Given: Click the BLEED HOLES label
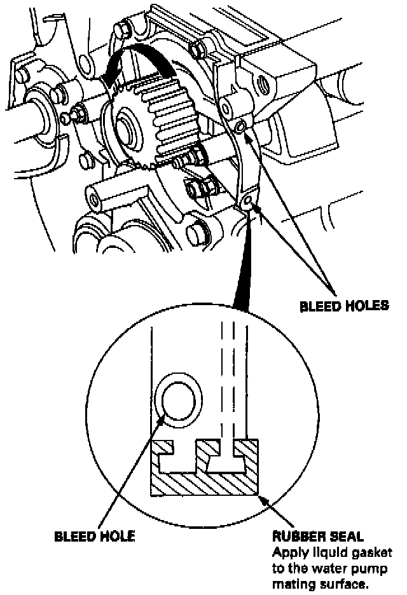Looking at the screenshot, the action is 344,305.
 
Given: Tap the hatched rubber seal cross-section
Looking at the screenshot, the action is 203,483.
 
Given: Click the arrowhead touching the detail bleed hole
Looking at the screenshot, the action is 165,420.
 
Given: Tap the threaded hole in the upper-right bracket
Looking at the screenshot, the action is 261,83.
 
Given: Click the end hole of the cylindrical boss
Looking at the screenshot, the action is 95,199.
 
